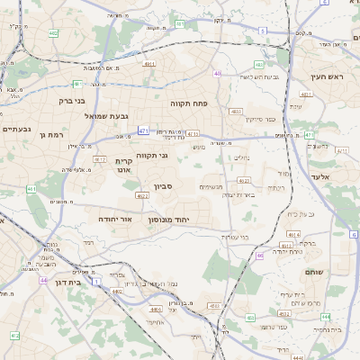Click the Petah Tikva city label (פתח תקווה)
(189, 103)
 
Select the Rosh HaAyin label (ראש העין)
(328, 77)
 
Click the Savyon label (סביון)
(164, 186)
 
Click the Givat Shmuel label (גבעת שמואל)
(84, 116)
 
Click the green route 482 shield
(53, 33)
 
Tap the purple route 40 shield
(217, 74)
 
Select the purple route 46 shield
(260, 256)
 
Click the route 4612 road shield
(100, 159)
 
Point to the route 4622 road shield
(142, 195)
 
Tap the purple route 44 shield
(43, 280)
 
